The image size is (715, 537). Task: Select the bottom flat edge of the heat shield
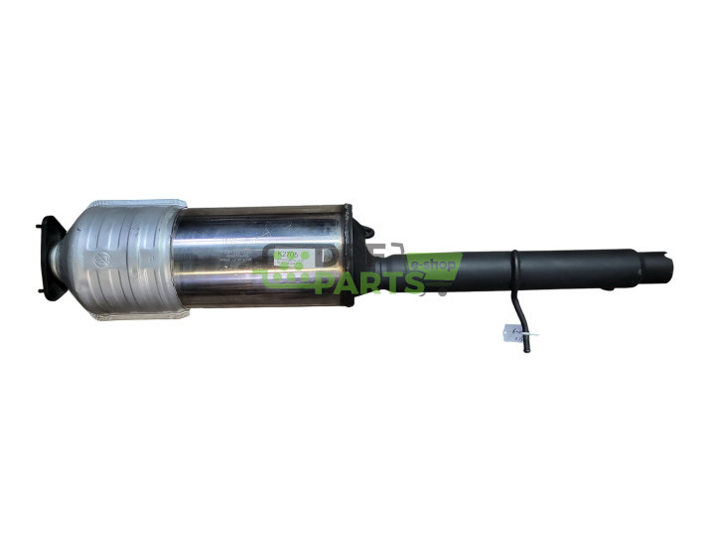(139, 320)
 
